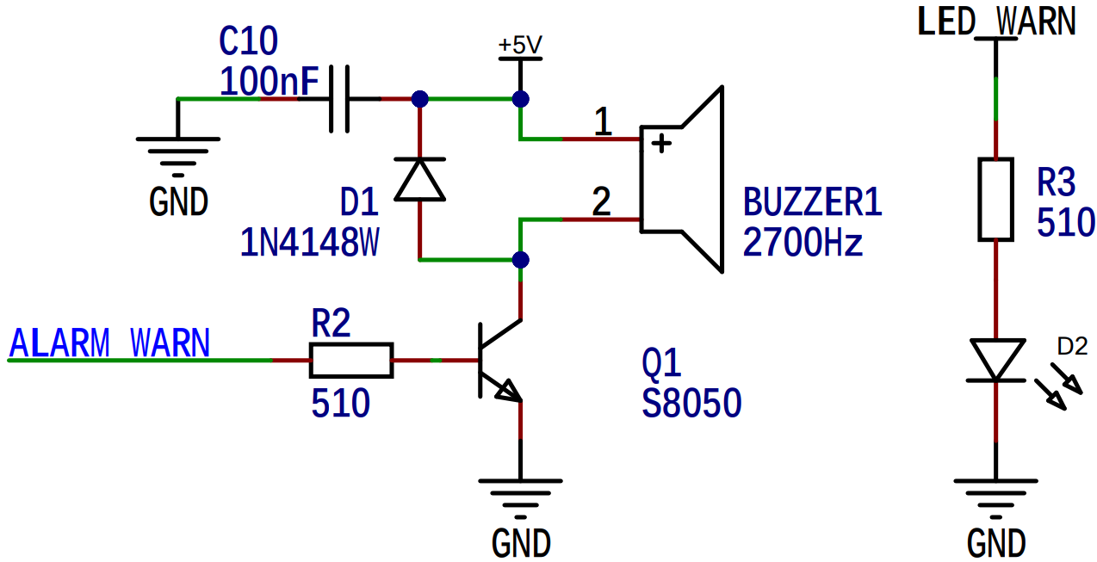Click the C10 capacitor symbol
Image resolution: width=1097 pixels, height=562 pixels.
click(x=339, y=99)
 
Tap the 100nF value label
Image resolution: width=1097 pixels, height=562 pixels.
click(x=270, y=81)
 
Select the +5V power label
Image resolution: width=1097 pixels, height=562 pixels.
click(x=520, y=45)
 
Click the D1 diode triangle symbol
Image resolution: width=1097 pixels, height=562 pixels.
click(x=419, y=179)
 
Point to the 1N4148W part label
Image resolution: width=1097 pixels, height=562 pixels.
click(x=309, y=243)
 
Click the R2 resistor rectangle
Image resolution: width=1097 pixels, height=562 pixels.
click(x=351, y=361)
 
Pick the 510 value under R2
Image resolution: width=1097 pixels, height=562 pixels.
click(x=340, y=404)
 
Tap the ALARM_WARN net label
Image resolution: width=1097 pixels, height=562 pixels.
click(x=109, y=343)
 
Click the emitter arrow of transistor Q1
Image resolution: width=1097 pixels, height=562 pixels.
click(x=508, y=391)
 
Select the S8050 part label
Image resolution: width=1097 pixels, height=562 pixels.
click(x=691, y=404)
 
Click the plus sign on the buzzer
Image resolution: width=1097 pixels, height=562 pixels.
click(x=661, y=144)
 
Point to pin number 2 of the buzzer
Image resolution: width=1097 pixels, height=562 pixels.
click(x=601, y=201)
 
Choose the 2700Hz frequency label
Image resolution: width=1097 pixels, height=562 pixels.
click(x=803, y=243)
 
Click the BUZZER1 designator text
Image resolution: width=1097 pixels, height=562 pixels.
click(x=813, y=201)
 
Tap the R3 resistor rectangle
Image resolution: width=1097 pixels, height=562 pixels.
click(x=995, y=200)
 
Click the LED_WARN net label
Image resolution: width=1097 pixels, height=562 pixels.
click(x=996, y=22)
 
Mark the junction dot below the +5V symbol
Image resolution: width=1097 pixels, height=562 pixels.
click(x=521, y=99)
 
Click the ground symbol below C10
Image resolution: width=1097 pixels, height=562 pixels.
click(x=178, y=157)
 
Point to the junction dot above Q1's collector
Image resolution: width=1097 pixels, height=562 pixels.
click(x=521, y=260)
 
